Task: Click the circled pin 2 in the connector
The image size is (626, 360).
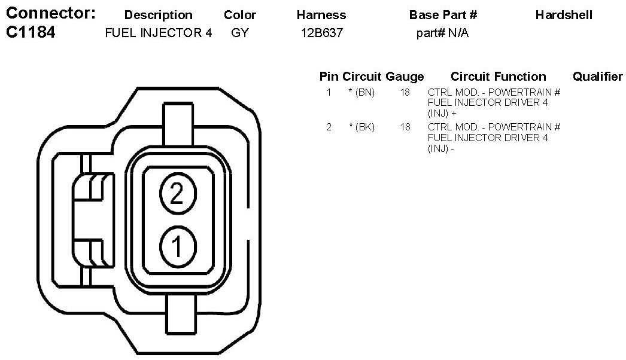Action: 178,194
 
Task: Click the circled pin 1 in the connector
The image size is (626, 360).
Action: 178,246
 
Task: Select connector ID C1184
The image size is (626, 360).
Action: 31,32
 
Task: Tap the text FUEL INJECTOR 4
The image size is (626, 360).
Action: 159,33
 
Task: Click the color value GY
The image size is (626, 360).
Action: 239,33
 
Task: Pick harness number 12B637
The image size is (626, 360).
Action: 322,33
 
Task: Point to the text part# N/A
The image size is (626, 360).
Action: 442,33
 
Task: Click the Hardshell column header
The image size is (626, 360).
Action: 564,15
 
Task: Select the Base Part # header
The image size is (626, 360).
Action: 443,15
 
